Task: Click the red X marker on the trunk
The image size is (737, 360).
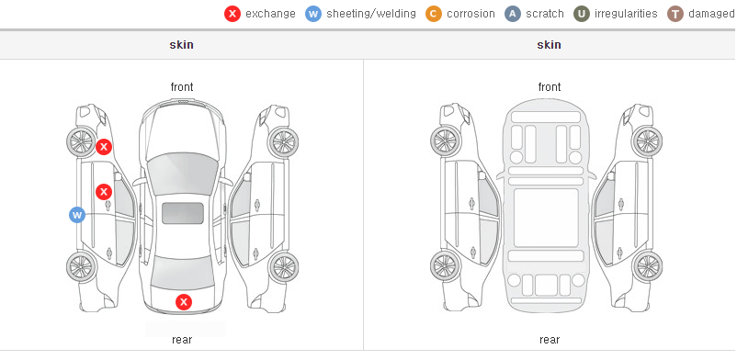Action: point(184,302)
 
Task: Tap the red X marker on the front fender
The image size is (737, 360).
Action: point(104,147)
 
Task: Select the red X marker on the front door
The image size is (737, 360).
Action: point(104,192)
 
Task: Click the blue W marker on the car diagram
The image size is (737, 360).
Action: point(77,215)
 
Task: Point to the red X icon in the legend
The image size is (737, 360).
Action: point(232,14)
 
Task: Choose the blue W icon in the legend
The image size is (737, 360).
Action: point(313,14)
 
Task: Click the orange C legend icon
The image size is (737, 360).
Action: point(434,14)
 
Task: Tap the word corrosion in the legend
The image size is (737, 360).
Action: point(471,14)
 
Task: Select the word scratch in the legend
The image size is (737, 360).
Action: point(545,14)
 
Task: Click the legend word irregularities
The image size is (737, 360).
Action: point(626,14)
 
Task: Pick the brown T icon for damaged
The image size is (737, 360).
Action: point(675,14)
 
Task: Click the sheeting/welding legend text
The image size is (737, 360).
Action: point(371,14)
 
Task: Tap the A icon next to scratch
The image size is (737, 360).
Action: point(513,14)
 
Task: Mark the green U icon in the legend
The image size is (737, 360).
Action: point(582,14)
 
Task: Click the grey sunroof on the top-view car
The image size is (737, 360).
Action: point(183,213)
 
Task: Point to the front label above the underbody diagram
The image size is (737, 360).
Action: point(549,87)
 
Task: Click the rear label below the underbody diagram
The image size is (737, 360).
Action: point(549,340)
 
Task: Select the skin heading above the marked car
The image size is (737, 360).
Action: point(181,45)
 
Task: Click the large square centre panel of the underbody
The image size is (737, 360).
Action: point(546,218)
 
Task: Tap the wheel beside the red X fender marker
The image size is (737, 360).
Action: point(81,141)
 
